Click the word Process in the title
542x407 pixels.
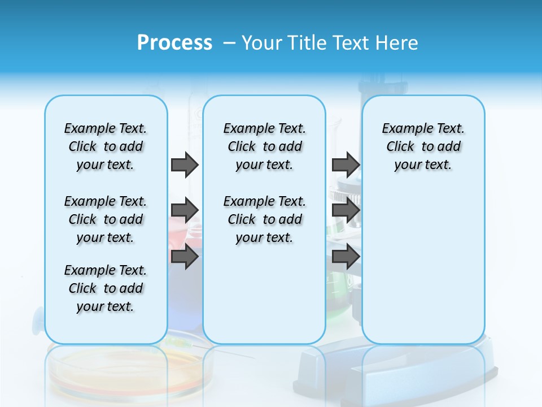(x=174, y=42)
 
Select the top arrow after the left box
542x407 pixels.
(x=185, y=164)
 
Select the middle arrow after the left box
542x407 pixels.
(x=185, y=210)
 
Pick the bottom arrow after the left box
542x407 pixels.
(x=185, y=257)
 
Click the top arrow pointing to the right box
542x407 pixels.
(x=346, y=164)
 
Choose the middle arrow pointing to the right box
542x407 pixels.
(x=346, y=210)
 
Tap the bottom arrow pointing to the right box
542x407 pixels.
(x=346, y=257)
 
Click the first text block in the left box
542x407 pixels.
(x=106, y=146)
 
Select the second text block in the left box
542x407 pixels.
(x=106, y=219)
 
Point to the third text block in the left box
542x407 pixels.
(x=106, y=288)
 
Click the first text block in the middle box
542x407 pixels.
(x=264, y=146)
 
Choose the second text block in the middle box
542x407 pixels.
(x=264, y=219)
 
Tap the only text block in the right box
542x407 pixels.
(x=423, y=146)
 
